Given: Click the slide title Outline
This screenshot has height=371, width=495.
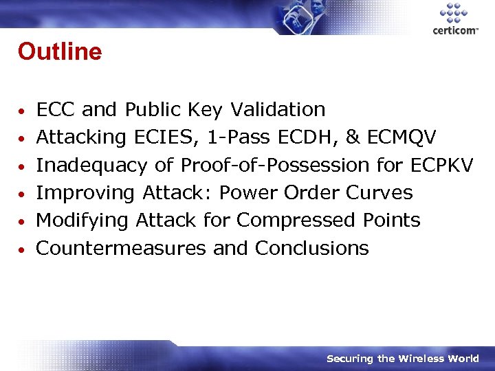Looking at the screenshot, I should (x=60, y=52).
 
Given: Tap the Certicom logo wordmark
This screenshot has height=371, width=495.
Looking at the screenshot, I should (x=455, y=30).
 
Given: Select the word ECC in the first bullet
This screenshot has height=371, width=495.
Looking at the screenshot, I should (x=56, y=109).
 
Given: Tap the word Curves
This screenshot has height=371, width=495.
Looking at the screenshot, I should (x=379, y=193).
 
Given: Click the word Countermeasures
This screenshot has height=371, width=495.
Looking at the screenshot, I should (x=121, y=248).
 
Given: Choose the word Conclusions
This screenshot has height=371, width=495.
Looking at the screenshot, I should (x=311, y=248).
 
